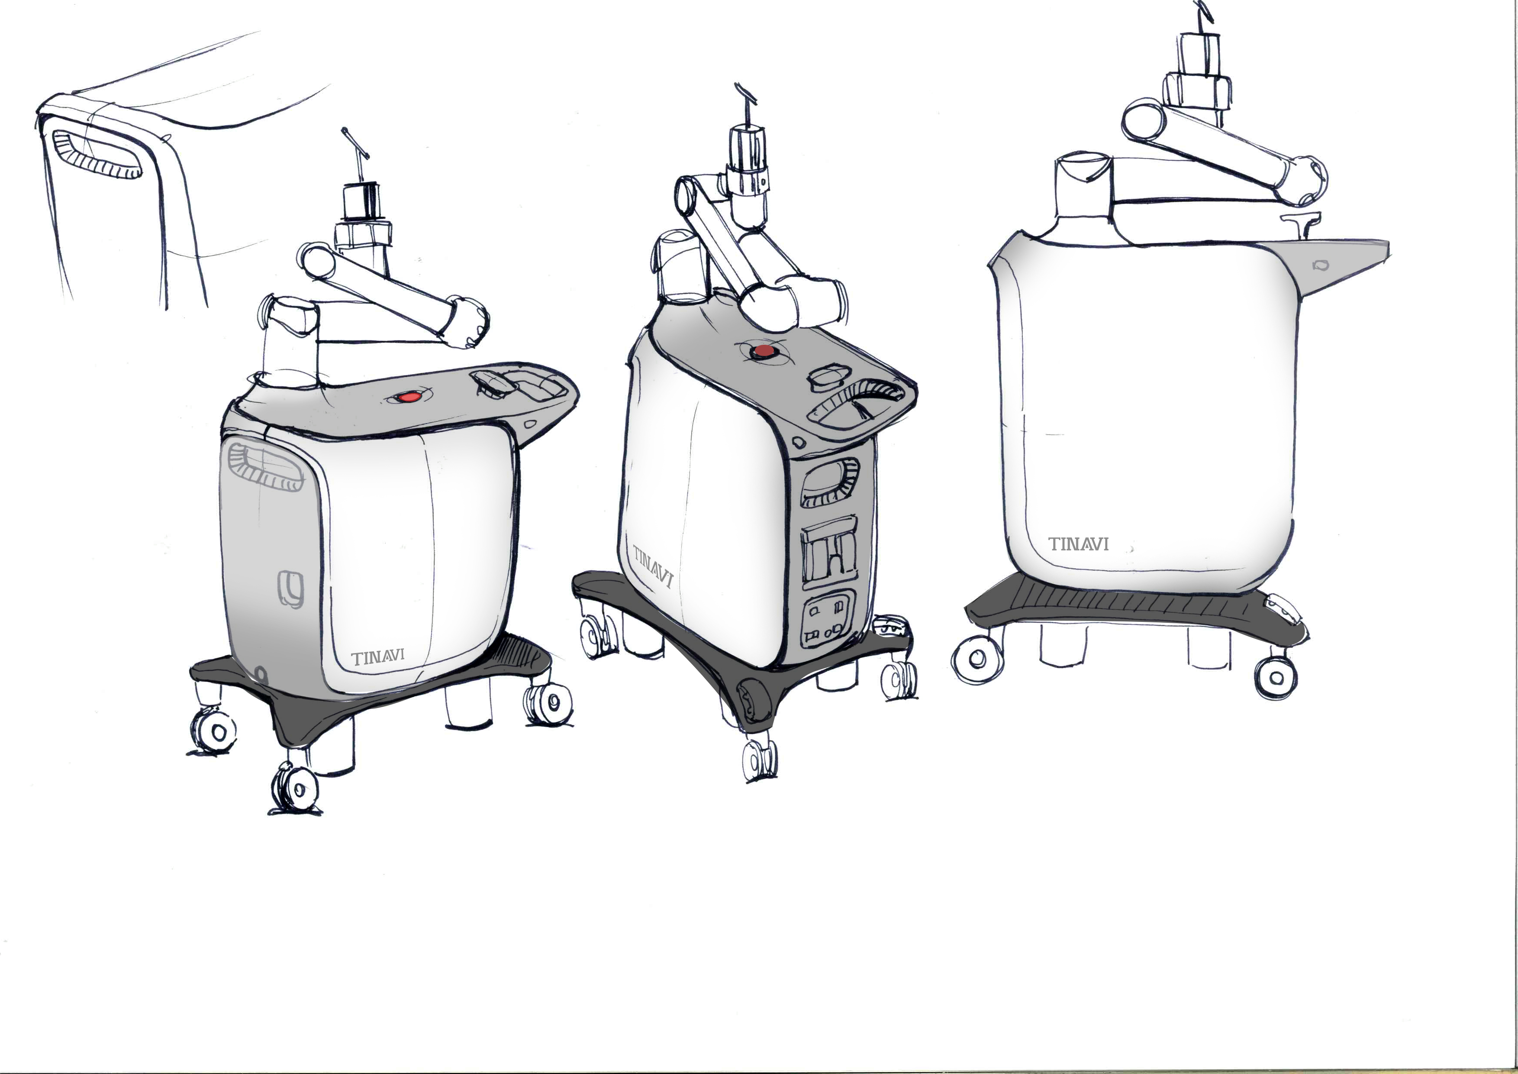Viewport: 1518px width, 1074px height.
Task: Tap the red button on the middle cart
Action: pyautogui.click(x=764, y=350)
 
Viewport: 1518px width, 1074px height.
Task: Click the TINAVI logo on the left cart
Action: pyautogui.click(x=378, y=658)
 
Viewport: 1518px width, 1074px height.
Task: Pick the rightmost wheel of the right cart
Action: pyautogui.click(x=1276, y=678)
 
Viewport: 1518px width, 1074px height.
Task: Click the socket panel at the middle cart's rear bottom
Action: pyautogui.click(x=828, y=618)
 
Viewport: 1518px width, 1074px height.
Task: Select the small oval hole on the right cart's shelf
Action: pyautogui.click(x=1320, y=265)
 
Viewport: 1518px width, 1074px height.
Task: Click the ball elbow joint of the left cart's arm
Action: pyautogui.click(x=467, y=322)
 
